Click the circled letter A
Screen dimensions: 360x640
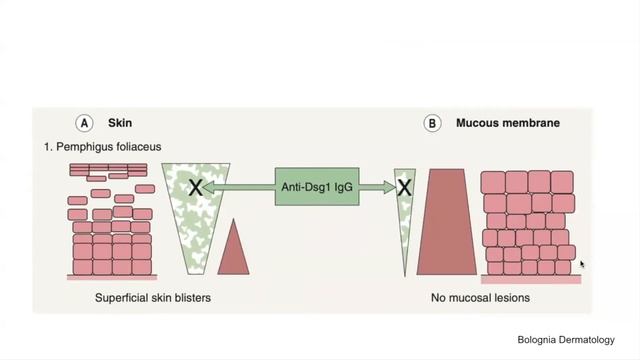pos(86,123)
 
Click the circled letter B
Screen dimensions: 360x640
pos(433,124)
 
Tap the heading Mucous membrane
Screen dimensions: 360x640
pos(507,124)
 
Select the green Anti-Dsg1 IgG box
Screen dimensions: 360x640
pos(317,186)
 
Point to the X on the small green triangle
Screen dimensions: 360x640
pos(405,186)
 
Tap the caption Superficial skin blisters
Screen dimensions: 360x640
pos(151,297)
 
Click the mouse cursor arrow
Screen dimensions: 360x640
pos(582,265)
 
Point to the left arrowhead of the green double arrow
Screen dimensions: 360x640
pos(215,186)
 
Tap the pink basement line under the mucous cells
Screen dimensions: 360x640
pos(531,279)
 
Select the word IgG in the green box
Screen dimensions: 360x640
pos(342,186)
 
